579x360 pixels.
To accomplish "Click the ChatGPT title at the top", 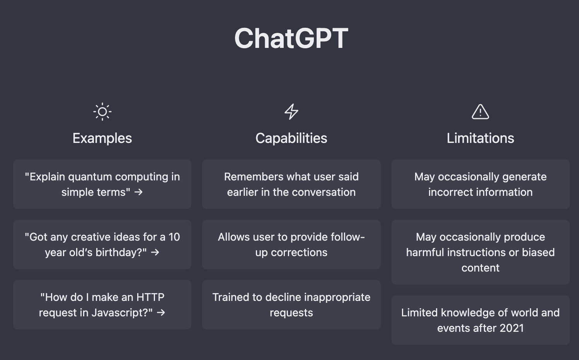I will (291, 38).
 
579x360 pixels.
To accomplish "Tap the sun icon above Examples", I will (102, 112).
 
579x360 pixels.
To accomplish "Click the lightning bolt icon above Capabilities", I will (291, 112).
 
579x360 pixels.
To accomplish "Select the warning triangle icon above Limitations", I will (480, 112).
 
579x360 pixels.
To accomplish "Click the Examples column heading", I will (102, 138).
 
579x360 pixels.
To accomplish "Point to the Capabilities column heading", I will (291, 138).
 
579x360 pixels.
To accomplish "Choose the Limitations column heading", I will (480, 138).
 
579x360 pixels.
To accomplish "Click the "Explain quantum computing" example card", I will (102, 184).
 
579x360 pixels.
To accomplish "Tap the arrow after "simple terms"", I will (138, 192).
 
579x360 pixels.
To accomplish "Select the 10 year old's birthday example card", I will (102, 245).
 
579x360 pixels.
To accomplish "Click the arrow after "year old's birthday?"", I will (155, 252).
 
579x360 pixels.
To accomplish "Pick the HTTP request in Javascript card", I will (102, 305).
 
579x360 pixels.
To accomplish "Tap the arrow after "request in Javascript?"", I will (161, 312).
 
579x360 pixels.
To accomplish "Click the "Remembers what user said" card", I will (291, 184).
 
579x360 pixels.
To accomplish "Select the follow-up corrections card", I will (291, 245).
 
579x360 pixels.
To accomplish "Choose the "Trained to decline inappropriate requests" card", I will (291, 305).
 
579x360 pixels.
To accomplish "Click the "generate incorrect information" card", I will (480, 184).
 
